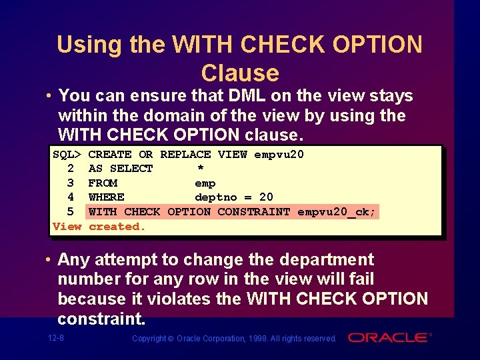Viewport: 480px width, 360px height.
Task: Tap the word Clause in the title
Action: pos(239,73)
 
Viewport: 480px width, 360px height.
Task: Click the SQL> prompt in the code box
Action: pos(67,155)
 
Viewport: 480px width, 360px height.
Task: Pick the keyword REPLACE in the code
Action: pos(181,155)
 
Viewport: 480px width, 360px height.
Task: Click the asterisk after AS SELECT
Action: pos(200,169)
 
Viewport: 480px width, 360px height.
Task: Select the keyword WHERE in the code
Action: pos(106,197)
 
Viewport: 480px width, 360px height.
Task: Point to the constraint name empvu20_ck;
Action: pos(337,212)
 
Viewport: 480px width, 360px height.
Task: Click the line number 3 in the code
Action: pos(71,183)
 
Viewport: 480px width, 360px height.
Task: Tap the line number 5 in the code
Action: pos(71,212)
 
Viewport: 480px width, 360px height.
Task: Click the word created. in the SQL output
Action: pos(117,227)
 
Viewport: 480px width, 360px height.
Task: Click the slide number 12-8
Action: pos(56,338)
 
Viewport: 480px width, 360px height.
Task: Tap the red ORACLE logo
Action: pos(389,338)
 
